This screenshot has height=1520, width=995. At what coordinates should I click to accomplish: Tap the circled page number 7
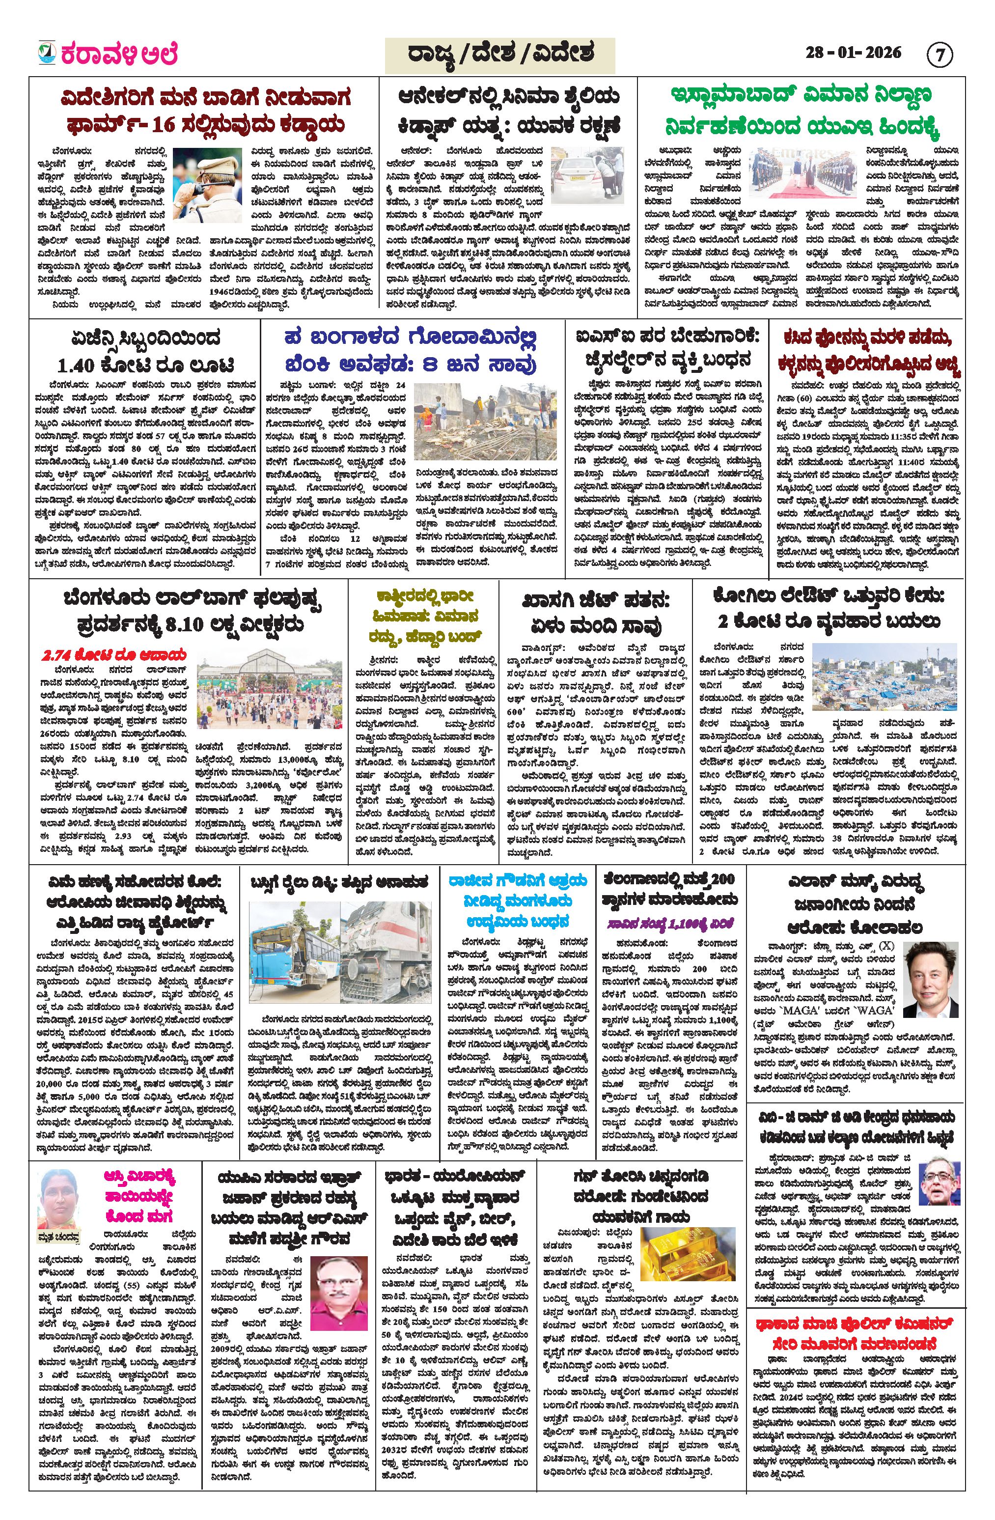(939, 56)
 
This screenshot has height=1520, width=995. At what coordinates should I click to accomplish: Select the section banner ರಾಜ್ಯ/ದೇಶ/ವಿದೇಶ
(499, 55)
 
